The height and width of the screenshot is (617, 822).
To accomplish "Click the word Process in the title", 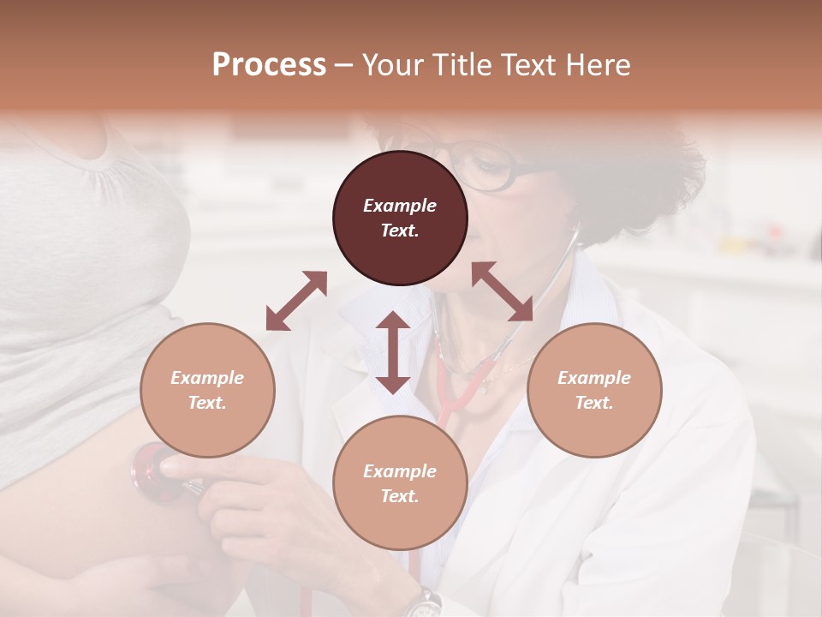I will [269, 65].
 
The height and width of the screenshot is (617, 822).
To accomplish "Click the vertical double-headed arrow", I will [393, 352].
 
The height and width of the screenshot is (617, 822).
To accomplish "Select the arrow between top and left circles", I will [296, 301].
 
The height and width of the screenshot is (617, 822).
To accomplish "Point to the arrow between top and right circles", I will [502, 291].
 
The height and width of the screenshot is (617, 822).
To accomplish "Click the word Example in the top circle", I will [400, 206].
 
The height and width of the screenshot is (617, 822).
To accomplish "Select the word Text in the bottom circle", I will [399, 496].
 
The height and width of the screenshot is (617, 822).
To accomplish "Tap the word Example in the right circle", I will [594, 378].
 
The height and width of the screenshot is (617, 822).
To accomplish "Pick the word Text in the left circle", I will [206, 403].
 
